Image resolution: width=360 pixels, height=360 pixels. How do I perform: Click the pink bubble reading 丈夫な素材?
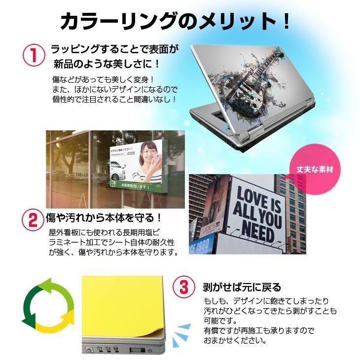(x=315, y=170)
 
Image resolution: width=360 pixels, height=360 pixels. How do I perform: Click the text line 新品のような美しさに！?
(x=107, y=64)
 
